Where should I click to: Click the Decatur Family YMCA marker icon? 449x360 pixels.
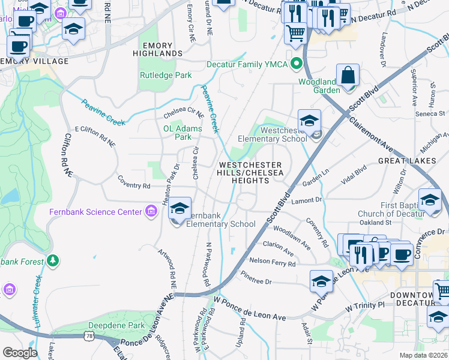point(296,63)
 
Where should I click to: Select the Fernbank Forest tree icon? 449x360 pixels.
point(53,261)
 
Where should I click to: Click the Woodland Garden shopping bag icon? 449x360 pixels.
point(348,76)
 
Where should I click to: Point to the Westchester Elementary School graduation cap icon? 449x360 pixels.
point(309,121)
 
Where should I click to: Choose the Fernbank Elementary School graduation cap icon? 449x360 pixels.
point(179,209)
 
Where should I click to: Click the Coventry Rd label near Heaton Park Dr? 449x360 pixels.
point(133,186)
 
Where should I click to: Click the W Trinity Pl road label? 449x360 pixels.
point(369,307)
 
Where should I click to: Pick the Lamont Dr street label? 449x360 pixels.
point(307,199)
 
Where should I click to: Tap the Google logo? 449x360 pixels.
point(19,353)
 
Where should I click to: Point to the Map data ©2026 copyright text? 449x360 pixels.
point(423,355)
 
